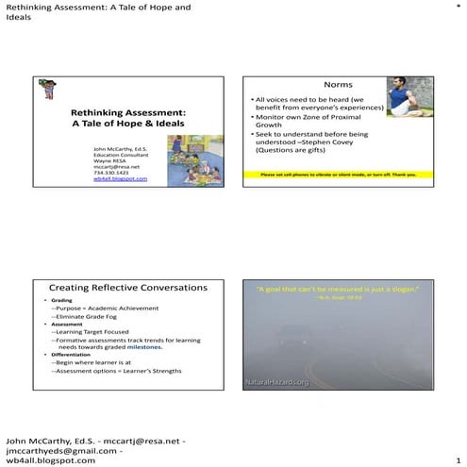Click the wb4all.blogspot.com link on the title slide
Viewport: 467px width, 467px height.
tap(120, 179)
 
